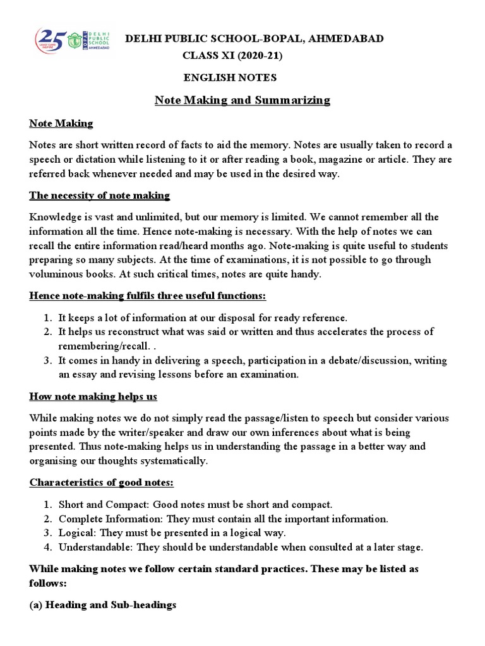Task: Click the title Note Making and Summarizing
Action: [242, 100]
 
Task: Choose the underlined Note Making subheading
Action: [61, 123]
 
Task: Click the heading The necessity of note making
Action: [100, 196]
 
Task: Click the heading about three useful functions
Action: [148, 297]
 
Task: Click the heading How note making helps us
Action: [93, 397]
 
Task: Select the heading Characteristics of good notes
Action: [102, 483]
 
